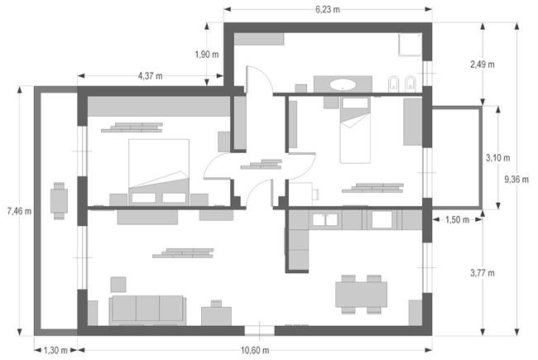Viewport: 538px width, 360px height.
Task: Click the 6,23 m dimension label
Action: (x=328, y=9)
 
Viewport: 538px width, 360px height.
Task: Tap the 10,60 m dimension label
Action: (x=255, y=350)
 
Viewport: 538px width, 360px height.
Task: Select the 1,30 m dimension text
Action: (x=55, y=350)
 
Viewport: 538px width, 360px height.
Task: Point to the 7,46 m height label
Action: (x=19, y=211)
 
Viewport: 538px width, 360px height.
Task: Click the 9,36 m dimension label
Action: (x=516, y=179)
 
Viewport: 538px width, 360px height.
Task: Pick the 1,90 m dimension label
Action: (x=207, y=55)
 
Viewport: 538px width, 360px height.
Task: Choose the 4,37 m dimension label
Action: (x=151, y=76)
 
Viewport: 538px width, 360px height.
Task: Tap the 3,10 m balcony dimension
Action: (x=497, y=158)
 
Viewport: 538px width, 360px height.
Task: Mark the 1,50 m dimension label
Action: (x=458, y=219)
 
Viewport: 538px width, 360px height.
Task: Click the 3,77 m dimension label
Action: (x=483, y=273)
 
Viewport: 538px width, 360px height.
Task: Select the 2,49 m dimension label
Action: (x=483, y=65)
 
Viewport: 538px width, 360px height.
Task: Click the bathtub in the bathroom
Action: (x=343, y=84)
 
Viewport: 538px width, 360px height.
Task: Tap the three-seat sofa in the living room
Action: (x=147, y=310)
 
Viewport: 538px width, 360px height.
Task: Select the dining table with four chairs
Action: (x=362, y=294)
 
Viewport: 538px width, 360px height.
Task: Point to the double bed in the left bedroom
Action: (x=159, y=172)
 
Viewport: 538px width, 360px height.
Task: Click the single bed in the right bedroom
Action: (x=355, y=130)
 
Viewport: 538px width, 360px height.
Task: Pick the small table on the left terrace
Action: (x=59, y=201)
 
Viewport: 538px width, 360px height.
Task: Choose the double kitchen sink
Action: (x=325, y=219)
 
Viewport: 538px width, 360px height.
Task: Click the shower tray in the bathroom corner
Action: (x=410, y=44)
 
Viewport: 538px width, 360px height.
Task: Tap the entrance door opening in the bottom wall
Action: (x=259, y=330)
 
